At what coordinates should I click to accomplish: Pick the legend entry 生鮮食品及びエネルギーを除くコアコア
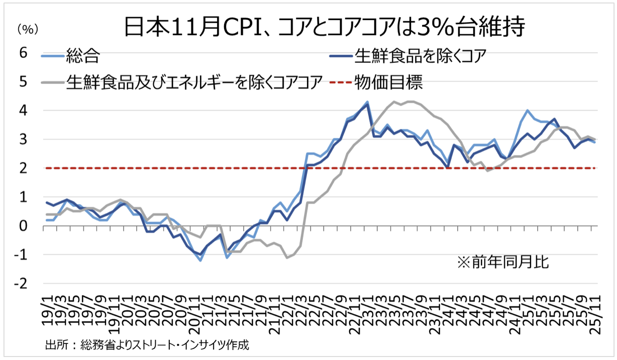click(x=193, y=82)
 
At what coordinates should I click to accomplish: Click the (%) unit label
click(x=28, y=30)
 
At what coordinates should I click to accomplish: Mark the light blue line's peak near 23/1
click(x=367, y=102)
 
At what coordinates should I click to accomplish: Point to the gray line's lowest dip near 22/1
click(x=287, y=258)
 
